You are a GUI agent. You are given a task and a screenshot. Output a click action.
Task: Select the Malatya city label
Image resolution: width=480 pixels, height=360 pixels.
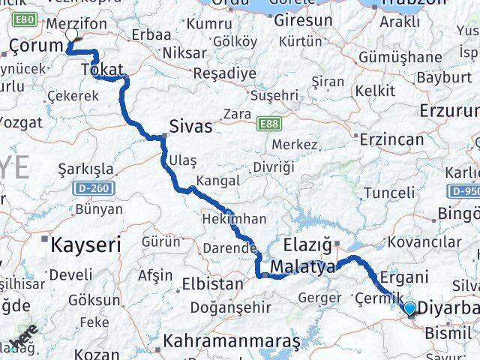302,267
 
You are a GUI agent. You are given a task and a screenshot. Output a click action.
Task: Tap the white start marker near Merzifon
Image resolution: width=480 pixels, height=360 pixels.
71,34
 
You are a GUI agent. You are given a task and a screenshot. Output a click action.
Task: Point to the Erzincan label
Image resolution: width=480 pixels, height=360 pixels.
391,139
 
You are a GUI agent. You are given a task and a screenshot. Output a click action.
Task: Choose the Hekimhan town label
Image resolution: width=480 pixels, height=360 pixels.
234,218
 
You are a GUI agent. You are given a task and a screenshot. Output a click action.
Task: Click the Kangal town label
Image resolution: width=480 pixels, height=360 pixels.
217,181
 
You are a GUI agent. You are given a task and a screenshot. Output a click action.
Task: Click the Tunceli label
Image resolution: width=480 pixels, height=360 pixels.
388,193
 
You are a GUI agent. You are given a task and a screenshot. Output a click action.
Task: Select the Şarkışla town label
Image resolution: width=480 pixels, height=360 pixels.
85,168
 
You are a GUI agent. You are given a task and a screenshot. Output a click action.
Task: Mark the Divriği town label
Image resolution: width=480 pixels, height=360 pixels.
274,166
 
